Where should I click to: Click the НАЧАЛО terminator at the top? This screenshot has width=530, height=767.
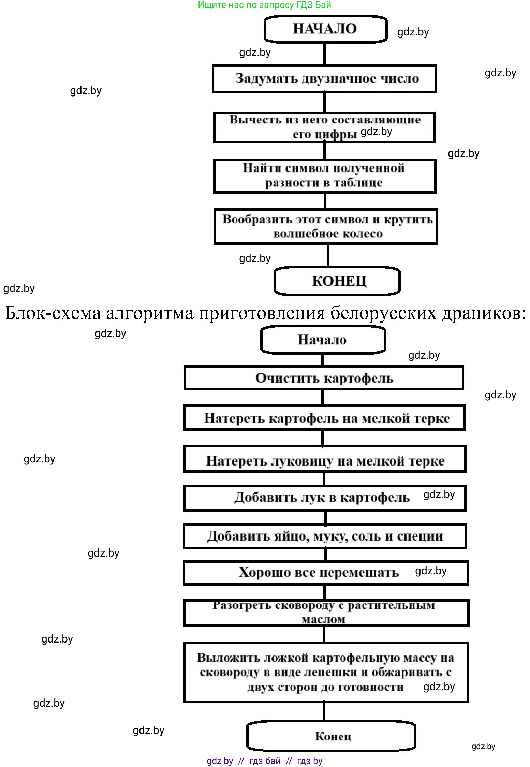(325, 29)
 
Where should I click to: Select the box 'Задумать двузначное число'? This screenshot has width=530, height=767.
(324, 78)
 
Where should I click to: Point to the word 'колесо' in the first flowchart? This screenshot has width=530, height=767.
(363, 234)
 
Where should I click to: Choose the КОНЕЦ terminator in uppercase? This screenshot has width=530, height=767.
(337, 281)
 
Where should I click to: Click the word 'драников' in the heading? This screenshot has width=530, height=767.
(484, 312)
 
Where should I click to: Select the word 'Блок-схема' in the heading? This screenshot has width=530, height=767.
(53, 312)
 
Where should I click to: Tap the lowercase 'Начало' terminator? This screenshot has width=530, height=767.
(322, 340)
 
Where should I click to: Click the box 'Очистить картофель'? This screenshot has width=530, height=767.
(324, 378)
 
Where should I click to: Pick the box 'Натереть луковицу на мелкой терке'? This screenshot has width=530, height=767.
(325, 461)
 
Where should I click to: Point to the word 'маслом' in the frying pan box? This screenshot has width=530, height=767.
(323, 619)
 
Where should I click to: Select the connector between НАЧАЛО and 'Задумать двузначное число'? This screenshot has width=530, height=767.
(324, 54)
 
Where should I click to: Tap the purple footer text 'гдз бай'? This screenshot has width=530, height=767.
(265, 761)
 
